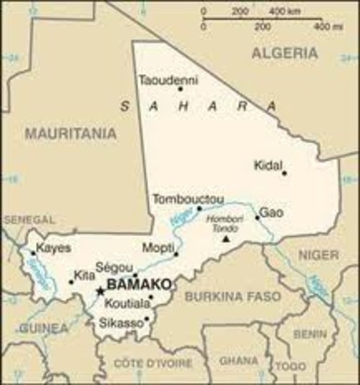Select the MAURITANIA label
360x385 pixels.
point(71,134)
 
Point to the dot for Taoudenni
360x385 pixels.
point(180,88)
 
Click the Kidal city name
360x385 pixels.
point(267,165)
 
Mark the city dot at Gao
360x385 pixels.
point(257,217)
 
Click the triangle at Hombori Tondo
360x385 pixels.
point(226,238)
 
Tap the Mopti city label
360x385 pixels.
point(156,246)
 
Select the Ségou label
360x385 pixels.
point(111,266)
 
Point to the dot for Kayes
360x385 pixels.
point(33,253)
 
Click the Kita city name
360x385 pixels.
point(84,276)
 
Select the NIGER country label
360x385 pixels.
point(319,255)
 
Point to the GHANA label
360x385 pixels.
point(234,360)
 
